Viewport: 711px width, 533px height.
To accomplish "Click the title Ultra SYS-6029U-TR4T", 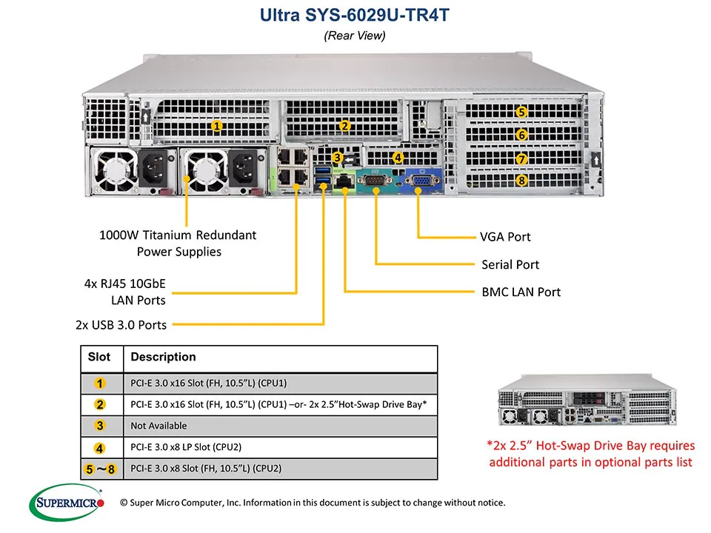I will coord(355,15).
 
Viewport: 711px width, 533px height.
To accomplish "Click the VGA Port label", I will coord(505,237).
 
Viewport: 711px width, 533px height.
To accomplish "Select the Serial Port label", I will coord(510,264).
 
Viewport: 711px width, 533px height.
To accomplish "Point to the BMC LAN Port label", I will coord(521,292).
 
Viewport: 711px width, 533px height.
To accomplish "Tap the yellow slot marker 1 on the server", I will coord(217,126).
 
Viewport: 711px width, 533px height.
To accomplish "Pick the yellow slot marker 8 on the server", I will coord(522,180).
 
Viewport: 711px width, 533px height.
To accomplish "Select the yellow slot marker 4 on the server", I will coord(398,157).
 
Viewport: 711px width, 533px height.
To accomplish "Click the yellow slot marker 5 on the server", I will coord(522,113).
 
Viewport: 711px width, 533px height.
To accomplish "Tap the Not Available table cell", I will coord(158,426).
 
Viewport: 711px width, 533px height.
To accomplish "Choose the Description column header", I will coord(163,357).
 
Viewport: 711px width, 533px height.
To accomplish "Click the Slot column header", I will coord(99,357).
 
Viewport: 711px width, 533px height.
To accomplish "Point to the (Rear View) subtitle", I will coord(355,35).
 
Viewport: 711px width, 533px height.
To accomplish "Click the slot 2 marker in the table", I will coord(100,404).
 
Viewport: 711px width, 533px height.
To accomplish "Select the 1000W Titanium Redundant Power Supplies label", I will coord(178,244).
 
